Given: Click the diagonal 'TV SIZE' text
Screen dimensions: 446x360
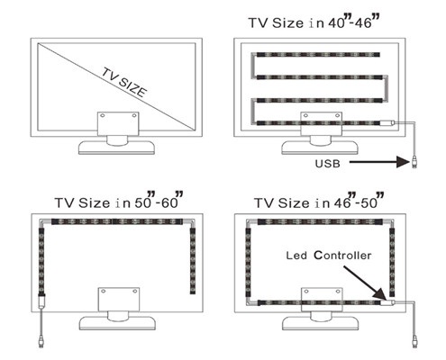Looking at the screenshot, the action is [124, 82].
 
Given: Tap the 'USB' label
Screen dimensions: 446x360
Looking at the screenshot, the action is [327, 164].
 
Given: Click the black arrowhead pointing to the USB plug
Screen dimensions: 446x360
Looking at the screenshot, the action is [403, 162].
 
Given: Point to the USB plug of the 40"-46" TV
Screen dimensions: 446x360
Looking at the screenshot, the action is [414, 163].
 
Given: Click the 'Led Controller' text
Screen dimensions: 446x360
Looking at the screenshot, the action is [329, 256].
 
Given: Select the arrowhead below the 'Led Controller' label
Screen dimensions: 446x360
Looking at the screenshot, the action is [379, 293].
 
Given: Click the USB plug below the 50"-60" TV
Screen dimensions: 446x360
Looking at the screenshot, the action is [41, 342].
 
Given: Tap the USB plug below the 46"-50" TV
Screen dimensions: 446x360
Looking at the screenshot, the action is [414, 342].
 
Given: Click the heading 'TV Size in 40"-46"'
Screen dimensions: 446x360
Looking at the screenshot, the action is [314, 22].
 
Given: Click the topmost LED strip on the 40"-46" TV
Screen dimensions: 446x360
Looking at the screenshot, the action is [318, 55].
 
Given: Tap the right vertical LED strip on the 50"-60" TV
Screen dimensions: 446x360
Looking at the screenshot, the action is [193, 261].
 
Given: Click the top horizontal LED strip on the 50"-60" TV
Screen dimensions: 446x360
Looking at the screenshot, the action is [117, 221].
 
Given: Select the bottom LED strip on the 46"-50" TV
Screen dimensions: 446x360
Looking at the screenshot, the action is [319, 302].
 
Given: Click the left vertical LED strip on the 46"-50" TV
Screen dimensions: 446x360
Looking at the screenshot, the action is [248, 263].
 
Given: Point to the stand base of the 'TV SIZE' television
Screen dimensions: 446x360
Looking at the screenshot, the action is [116, 148].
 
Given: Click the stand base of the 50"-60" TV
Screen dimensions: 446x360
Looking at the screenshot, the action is [117, 323].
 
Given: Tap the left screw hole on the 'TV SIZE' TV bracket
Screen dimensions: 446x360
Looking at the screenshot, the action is [103, 115].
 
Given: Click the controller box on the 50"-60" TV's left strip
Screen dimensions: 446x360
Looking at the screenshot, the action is [41, 301].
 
